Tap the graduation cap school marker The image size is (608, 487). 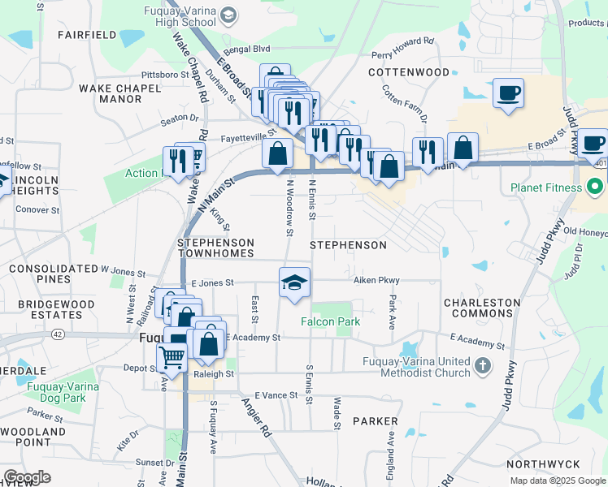click(295, 282)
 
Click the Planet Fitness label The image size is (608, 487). click(545, 188)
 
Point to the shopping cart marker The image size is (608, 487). click(172, 356)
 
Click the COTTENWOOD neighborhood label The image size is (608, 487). click(408, 72)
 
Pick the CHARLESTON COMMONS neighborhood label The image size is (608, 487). click(481, 308)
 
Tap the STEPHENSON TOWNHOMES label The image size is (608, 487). click(216, 248)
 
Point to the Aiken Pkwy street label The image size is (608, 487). click(376, 280)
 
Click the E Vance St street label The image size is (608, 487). click(277, 394)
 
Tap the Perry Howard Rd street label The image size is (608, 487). click(403, 48)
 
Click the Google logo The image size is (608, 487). click(27, 477)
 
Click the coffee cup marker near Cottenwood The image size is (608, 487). click(508, 93)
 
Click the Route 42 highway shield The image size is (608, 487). click(58, 334)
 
